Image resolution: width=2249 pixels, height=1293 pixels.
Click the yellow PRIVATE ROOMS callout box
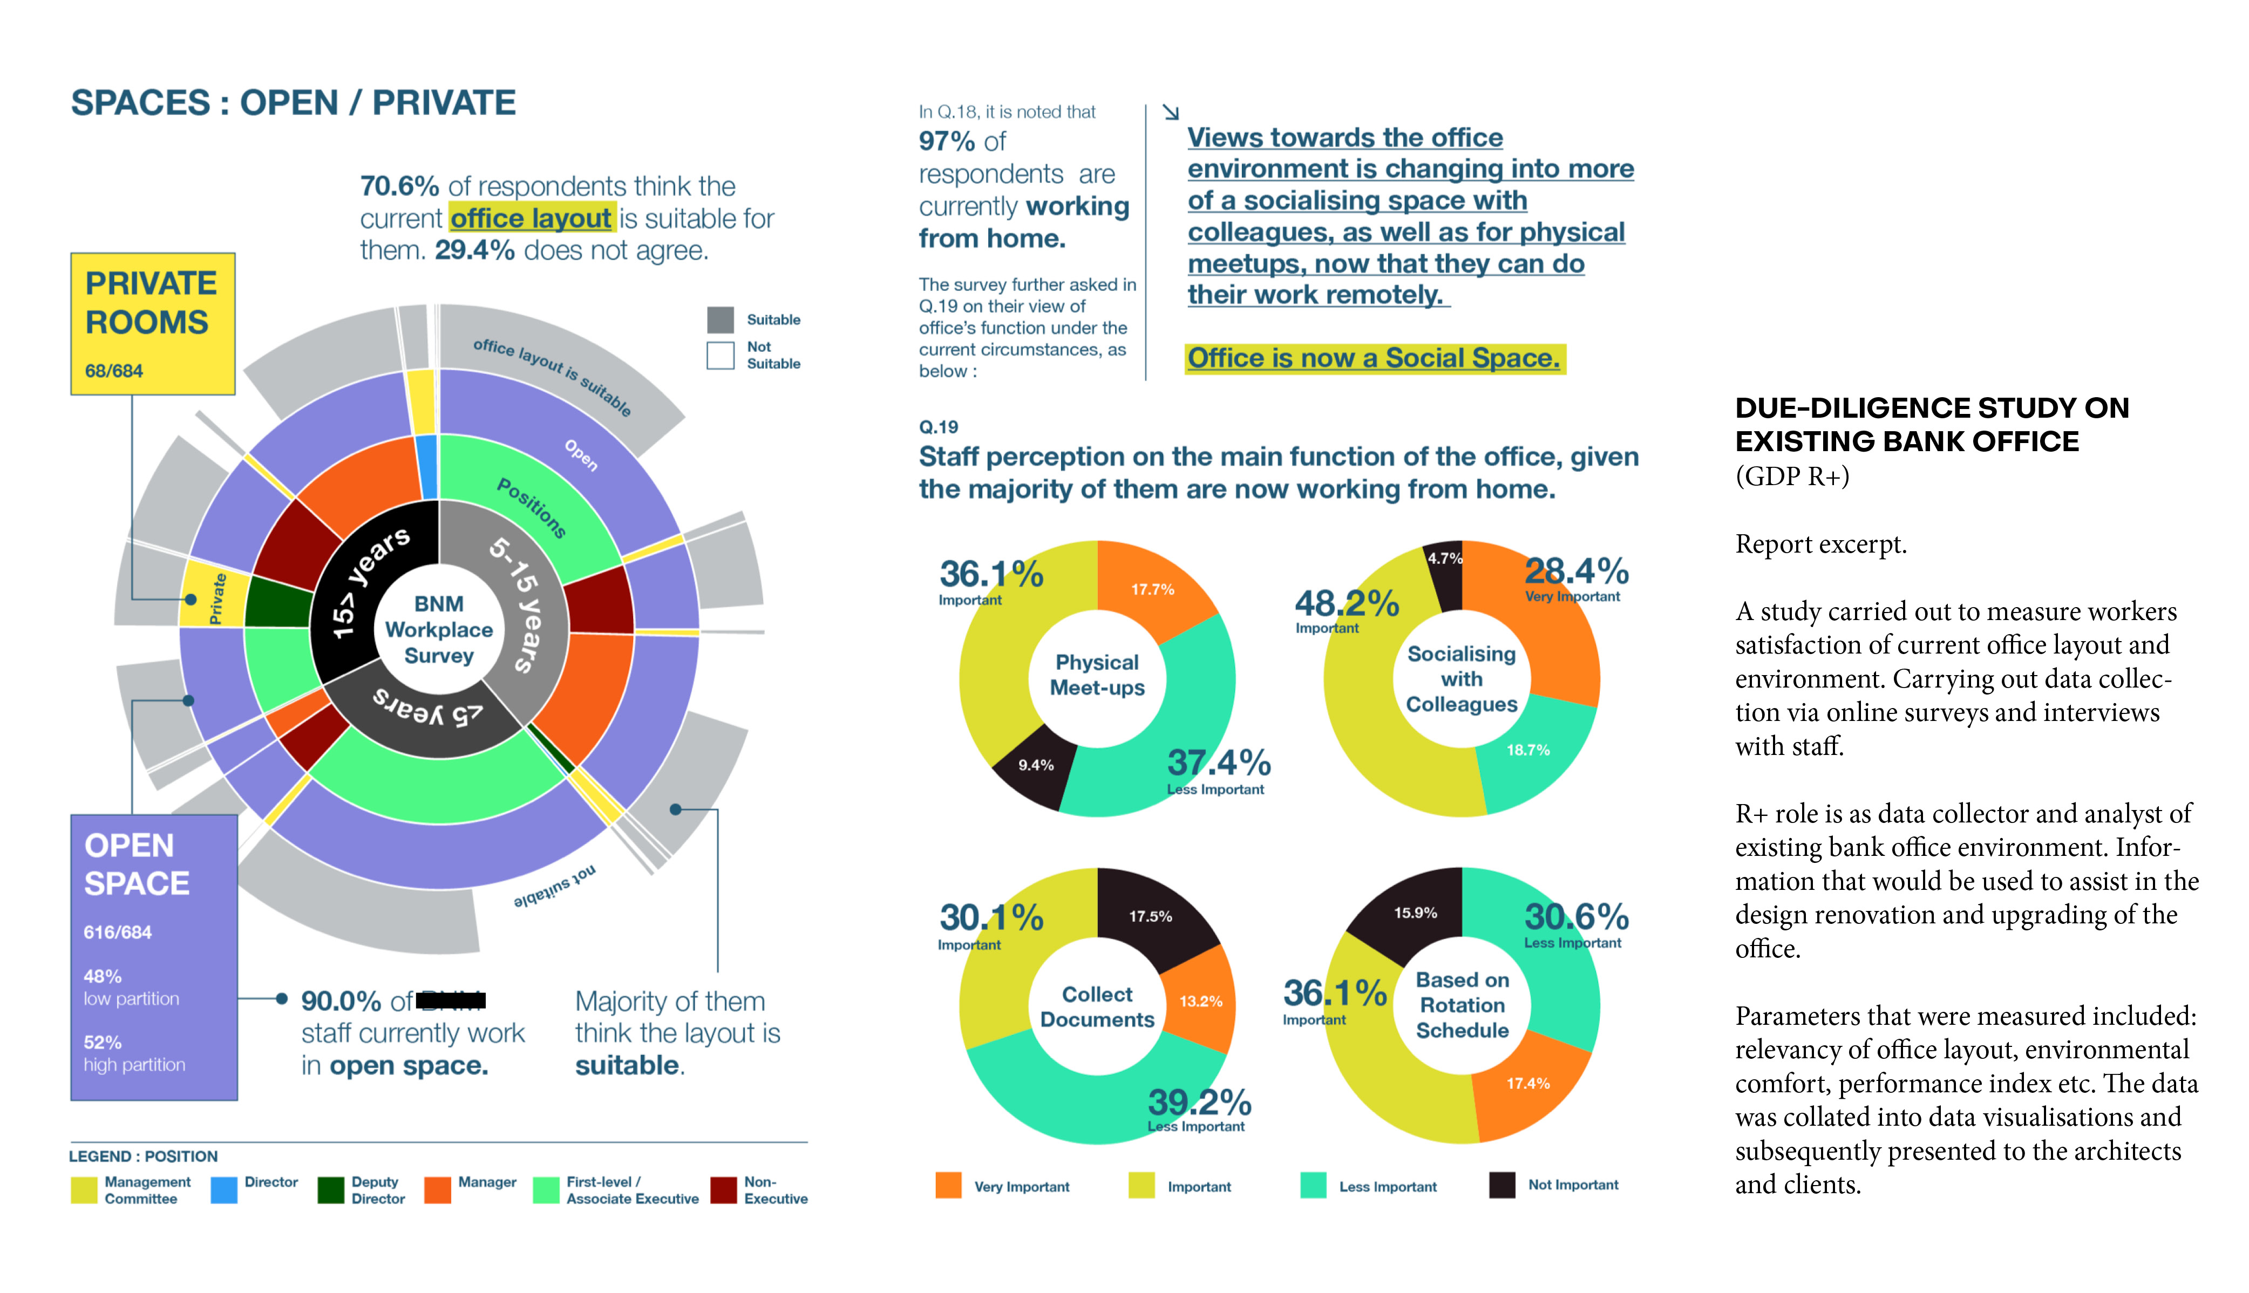(153, 323)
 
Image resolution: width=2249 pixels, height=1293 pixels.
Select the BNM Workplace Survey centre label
(439, 630)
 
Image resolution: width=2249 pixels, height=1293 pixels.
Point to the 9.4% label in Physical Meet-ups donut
(1035, 765)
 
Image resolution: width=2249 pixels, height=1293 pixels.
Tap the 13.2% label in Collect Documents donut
(1200, 1002)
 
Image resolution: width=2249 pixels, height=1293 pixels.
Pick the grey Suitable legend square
(720, 319)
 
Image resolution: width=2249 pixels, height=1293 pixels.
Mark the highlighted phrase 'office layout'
(531, 219)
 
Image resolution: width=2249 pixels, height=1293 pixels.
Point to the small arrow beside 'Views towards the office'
(1170, 112)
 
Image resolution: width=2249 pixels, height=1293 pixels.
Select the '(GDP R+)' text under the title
(1792, 477)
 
